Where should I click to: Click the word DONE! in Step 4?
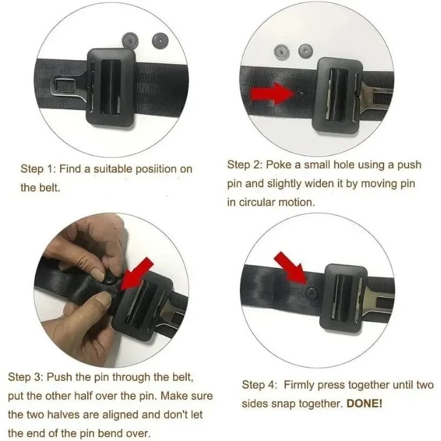[x=364, y=403]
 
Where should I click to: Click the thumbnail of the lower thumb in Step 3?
[x=101, y=300]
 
